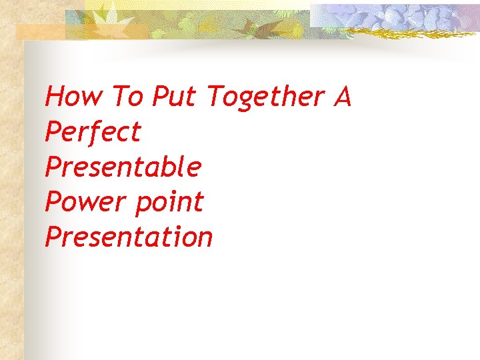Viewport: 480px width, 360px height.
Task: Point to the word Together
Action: [265, 98]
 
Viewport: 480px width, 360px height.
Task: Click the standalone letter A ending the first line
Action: [343, 97]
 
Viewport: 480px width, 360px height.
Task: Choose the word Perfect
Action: [93, 131]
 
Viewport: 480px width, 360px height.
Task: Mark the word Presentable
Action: [123, 166]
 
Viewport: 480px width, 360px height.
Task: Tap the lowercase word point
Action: [169, 202]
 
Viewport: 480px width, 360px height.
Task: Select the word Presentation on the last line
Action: [129, 236]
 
